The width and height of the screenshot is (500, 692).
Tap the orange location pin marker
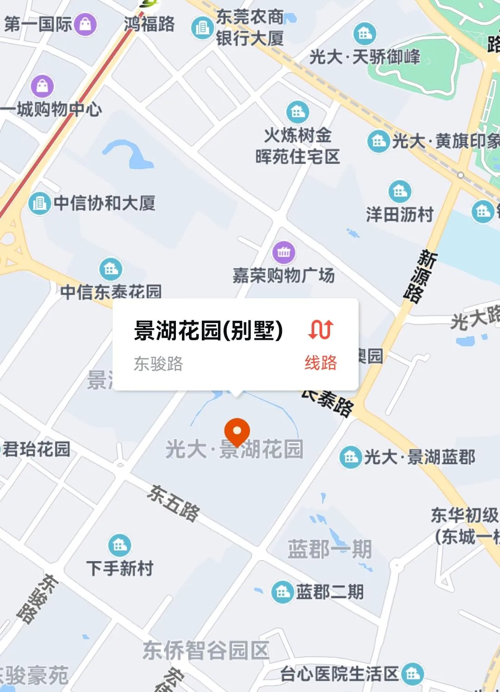click(x=237, y=430)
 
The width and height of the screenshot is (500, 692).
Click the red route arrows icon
click(x=321, y=329)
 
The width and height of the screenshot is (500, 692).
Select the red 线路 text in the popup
click(x=321, y=362)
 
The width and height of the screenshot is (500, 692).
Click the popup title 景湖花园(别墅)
click(x=208, y=330)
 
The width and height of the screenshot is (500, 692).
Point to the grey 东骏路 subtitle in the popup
click(x=158, y=364)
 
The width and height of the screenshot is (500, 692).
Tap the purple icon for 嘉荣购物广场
click(x=284, y=252)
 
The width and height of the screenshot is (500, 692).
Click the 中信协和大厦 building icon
click(x=39, y=203)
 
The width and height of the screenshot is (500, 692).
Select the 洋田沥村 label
click(x=400, y=215)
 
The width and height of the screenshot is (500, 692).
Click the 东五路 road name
click(x=174, y=503)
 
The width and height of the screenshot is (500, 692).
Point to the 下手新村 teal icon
click(x=119, y=546)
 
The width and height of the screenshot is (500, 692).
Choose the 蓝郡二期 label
click(x=330, y=592)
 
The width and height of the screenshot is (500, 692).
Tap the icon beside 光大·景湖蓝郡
click(x=350, y=457)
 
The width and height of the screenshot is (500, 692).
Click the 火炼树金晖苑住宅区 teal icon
click(x=298, y=112)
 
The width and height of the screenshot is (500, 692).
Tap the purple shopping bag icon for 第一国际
click(x=86, y=24)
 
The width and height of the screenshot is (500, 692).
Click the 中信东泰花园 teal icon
click(x=111, y=269)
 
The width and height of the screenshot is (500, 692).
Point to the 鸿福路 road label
click(x=150, y=24)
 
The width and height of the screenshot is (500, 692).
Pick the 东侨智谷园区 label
click(x=206, y=650)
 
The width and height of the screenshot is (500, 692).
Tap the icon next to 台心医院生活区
click(x=412, y=674)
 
